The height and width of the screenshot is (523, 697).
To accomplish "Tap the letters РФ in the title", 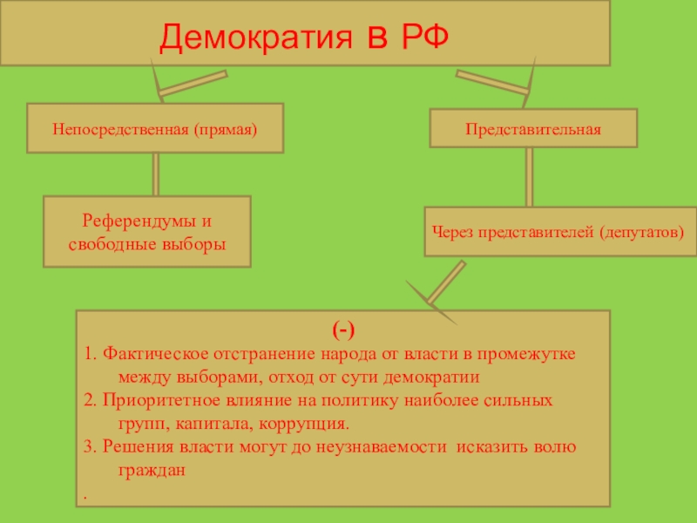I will coord(426,36).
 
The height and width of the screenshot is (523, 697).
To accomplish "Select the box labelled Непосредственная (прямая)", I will coord(155,128).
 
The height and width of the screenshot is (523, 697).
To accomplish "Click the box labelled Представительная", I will coord(533,128).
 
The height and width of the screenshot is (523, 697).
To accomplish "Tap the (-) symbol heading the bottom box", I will coord(342,330).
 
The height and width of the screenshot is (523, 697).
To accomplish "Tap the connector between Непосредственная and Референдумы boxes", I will coord(155,174).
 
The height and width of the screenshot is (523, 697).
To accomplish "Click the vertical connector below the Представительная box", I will coord(529,177).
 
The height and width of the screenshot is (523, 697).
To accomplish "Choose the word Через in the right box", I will coord(453,233).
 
